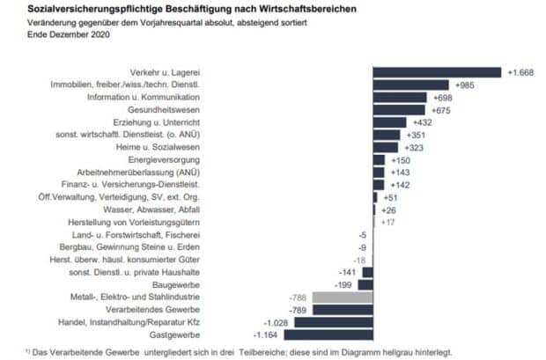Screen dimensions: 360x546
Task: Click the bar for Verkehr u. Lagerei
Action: point(438,72)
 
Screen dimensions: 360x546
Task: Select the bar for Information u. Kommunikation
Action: point(402,98)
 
